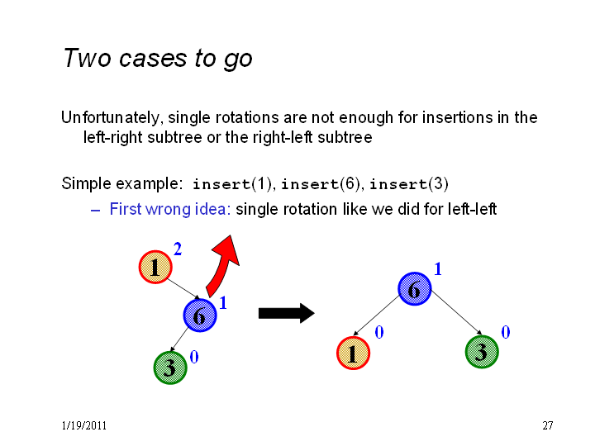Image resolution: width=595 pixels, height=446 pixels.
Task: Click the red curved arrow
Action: point(222,265)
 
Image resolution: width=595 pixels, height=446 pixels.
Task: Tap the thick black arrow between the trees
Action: point(287,313)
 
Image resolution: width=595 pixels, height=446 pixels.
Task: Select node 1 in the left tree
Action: point(155,267)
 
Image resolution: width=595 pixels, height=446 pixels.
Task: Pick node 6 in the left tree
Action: point(200,316)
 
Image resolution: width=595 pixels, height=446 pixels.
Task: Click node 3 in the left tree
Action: point(170,368)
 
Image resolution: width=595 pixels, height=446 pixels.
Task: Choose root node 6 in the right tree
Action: point(414,289)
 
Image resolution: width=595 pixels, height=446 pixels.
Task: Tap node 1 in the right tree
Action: point(353,353)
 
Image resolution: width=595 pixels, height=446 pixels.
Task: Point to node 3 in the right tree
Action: point(482,352)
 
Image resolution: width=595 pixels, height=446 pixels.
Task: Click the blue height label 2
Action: point(178,249)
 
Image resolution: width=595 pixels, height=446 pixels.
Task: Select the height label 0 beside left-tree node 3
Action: point(194,357)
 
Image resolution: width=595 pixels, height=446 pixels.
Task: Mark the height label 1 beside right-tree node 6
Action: point(438,269)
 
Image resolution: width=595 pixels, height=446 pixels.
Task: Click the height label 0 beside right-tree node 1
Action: point(379,332)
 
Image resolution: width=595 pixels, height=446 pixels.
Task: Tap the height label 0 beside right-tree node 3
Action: point(506,332)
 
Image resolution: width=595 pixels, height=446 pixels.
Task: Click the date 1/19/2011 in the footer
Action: point(83,425)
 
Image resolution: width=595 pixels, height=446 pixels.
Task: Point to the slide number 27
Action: point(548,425)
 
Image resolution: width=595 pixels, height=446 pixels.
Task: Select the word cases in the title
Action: point(153,59)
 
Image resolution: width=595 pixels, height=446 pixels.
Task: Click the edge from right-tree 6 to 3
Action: point(457,313)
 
